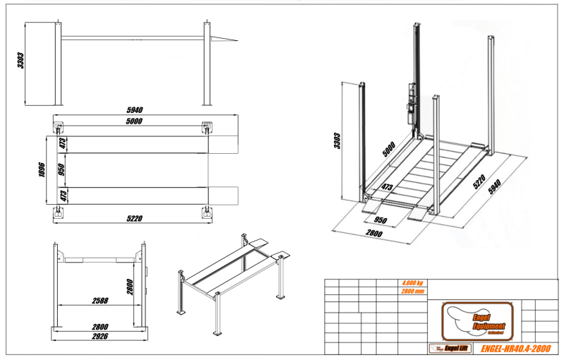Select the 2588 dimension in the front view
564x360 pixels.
click(100, 301)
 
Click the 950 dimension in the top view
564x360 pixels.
click(61, 169)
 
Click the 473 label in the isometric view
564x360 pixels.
click(387, 188)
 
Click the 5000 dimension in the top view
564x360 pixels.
click(134, 121)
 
